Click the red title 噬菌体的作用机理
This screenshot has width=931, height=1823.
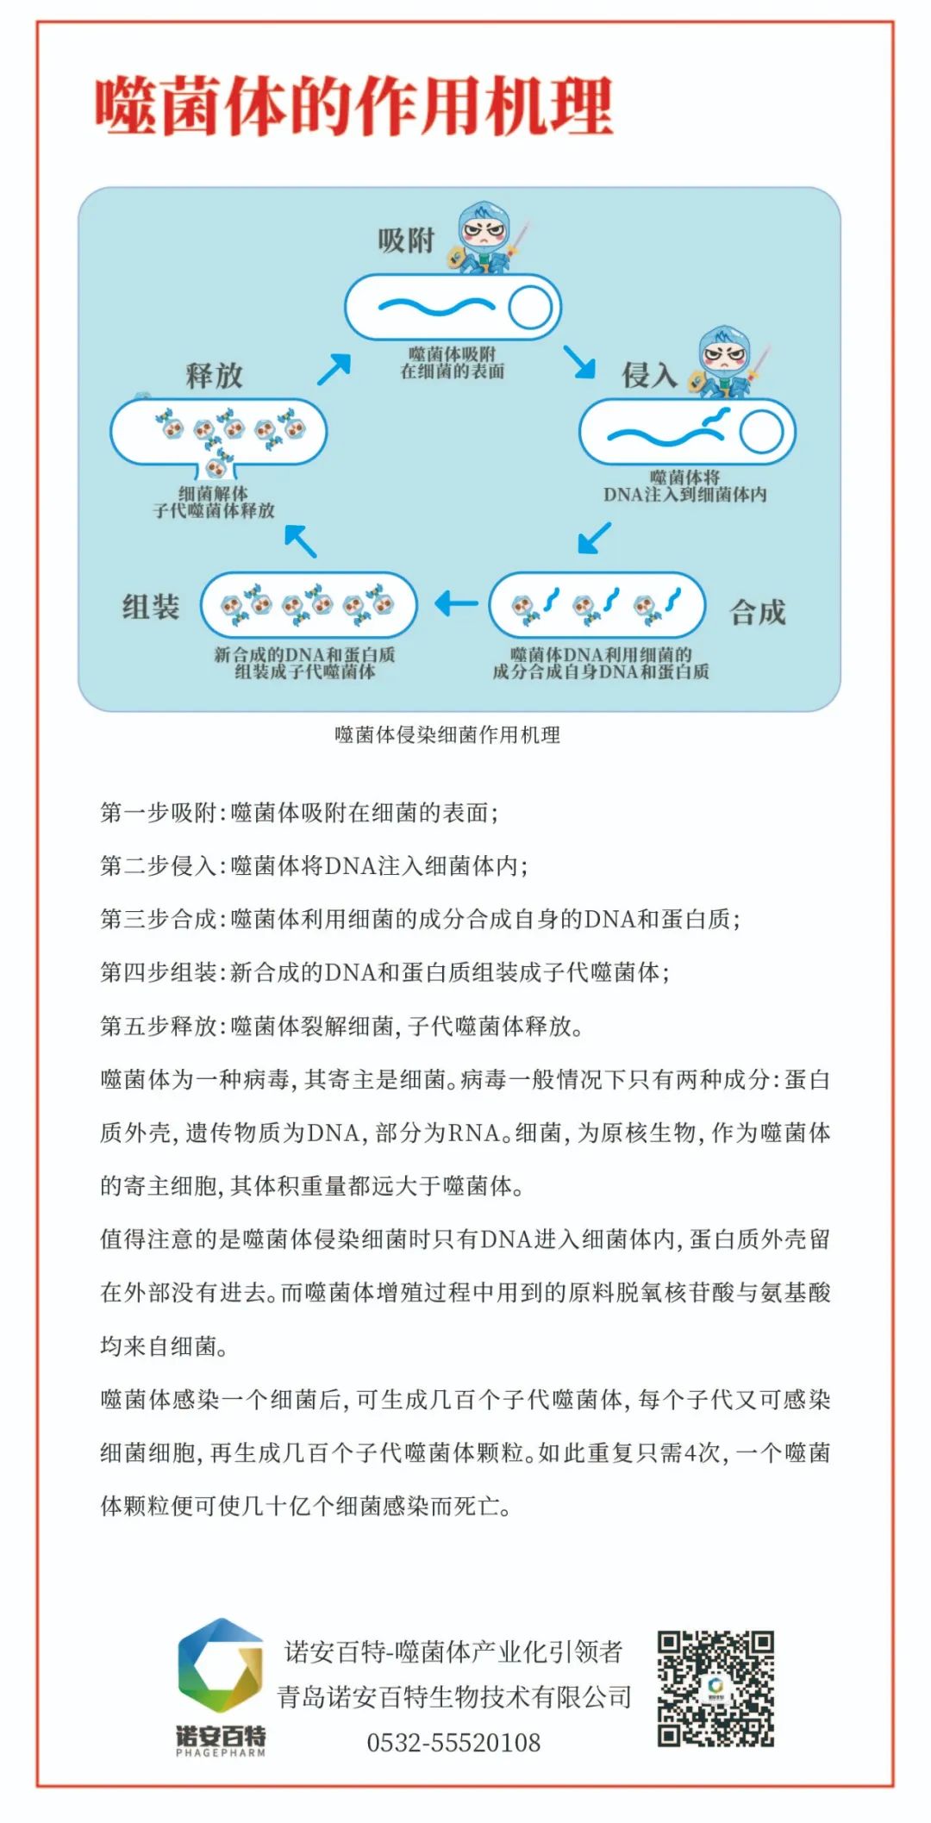pyautogui.click(x=353, y=106)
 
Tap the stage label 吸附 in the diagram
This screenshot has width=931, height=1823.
pyautogui.click(x=405, y=240)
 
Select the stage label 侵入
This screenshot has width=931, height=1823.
pyautogui.click(x=649, y=375)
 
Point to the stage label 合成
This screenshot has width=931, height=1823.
pyautogui.click(x=758, y=612)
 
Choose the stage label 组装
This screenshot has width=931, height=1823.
pyautogui.click(x=151, y=607)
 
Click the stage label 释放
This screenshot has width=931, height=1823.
pyautogui.click(x=214, y=375)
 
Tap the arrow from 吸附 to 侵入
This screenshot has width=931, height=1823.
pyautogui.click(x=579, y=362)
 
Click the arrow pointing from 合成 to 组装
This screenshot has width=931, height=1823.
pyautogui.click(x=455, y=603)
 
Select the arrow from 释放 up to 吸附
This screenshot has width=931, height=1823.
pyautogui.click(x=334, y=369)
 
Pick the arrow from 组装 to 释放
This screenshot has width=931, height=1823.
pyautogui.click(x=301, y=540)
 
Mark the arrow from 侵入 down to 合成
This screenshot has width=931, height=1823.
pyautogui.click(x=594, y=537)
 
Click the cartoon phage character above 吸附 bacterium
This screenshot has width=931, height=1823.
pyautogui.click(x=487, y=237)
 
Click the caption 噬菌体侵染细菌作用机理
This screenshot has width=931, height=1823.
pyautogui.click(x=447, y=734)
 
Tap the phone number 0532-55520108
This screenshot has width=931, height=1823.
pyautogui.click(x=453, y=1742)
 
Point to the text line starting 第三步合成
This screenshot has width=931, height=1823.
pyautogui.click(x=420, y=919)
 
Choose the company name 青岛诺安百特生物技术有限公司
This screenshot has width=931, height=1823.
pyautogui.click(x=453, y=1696)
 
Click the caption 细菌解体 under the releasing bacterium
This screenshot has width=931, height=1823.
pyautogui.click(x=213, y=493)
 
